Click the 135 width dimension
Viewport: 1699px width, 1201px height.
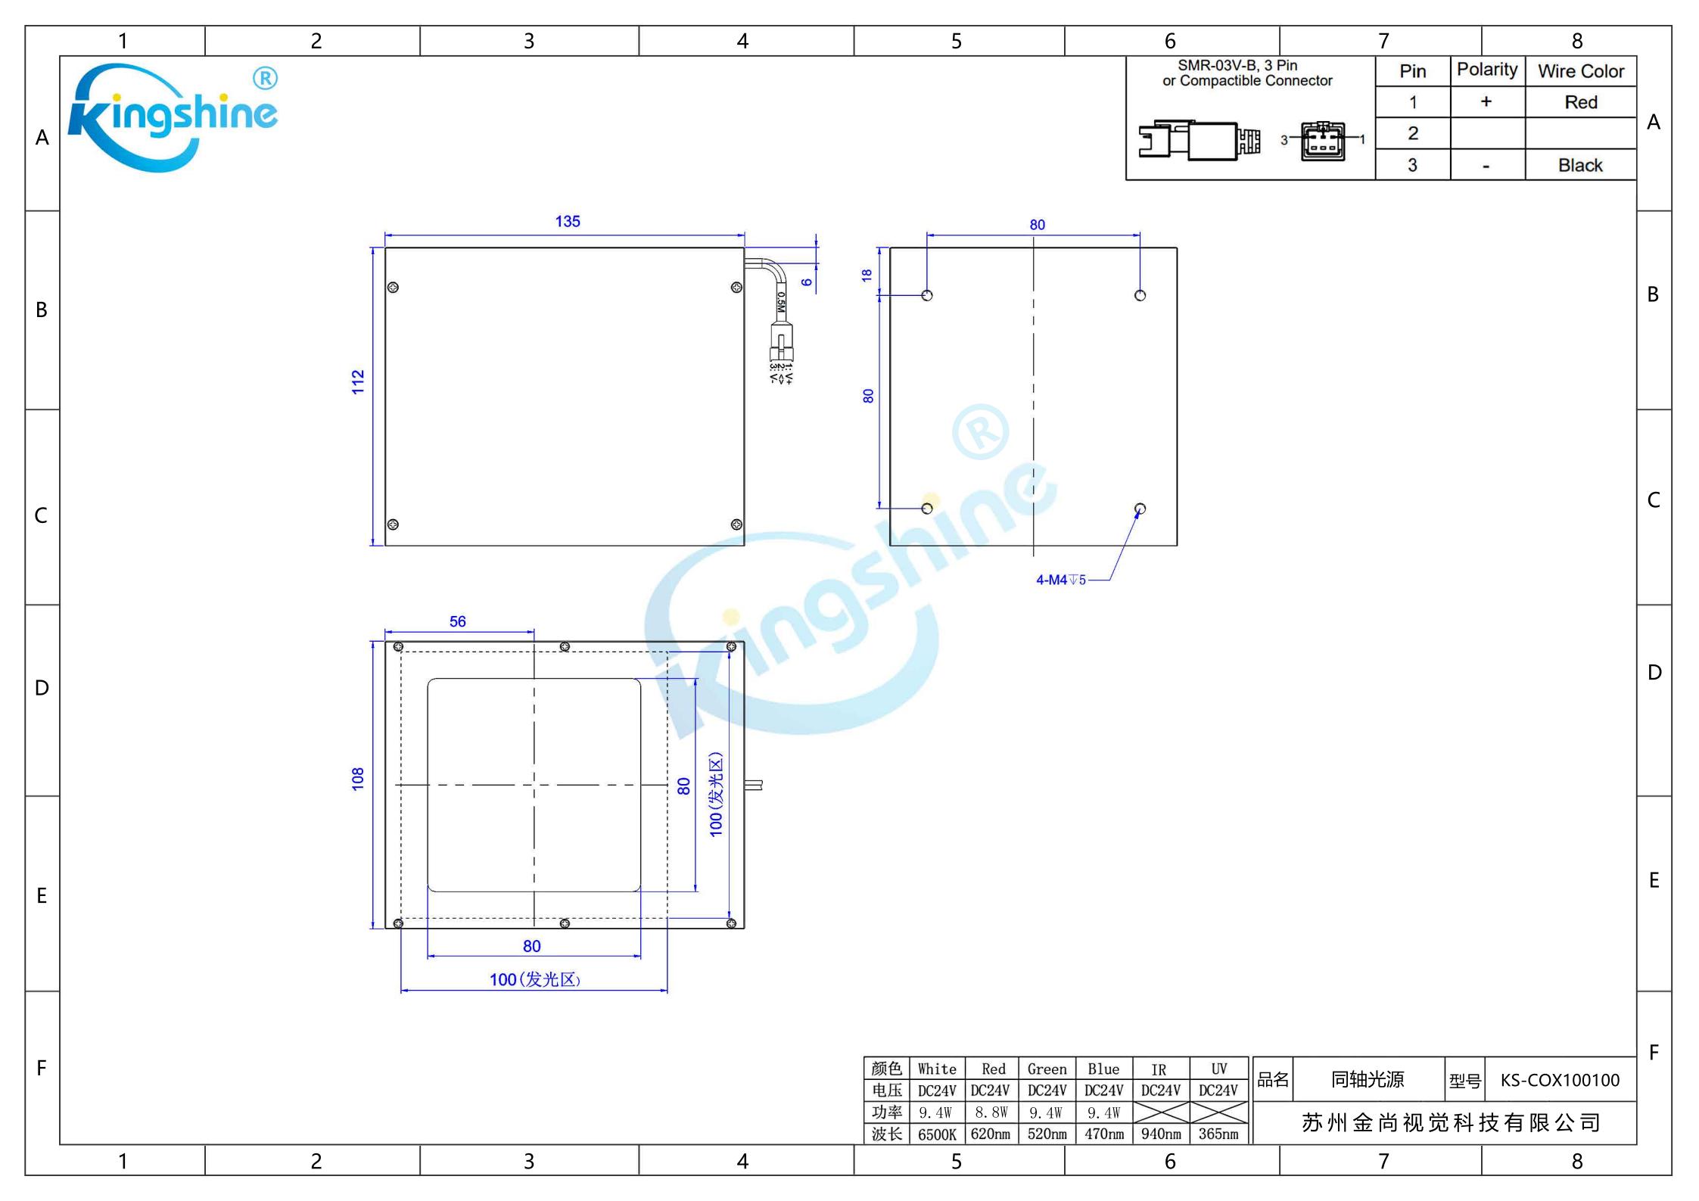(x=568, y=222)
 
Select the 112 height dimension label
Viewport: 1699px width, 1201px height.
(x=358, y=382)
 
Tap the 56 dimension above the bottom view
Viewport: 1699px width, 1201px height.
(x=458, y=621)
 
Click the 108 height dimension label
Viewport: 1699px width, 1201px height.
(x=358, y=779)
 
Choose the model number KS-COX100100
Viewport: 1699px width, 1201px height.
(x=1560, y=1080)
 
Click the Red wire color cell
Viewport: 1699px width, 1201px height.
(x=1581, y=102)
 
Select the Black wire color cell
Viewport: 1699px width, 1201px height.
(x=1581, y=165)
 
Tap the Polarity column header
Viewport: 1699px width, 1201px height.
(x=1487, y=70)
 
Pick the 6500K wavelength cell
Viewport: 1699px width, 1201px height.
(x=937, y=1134)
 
